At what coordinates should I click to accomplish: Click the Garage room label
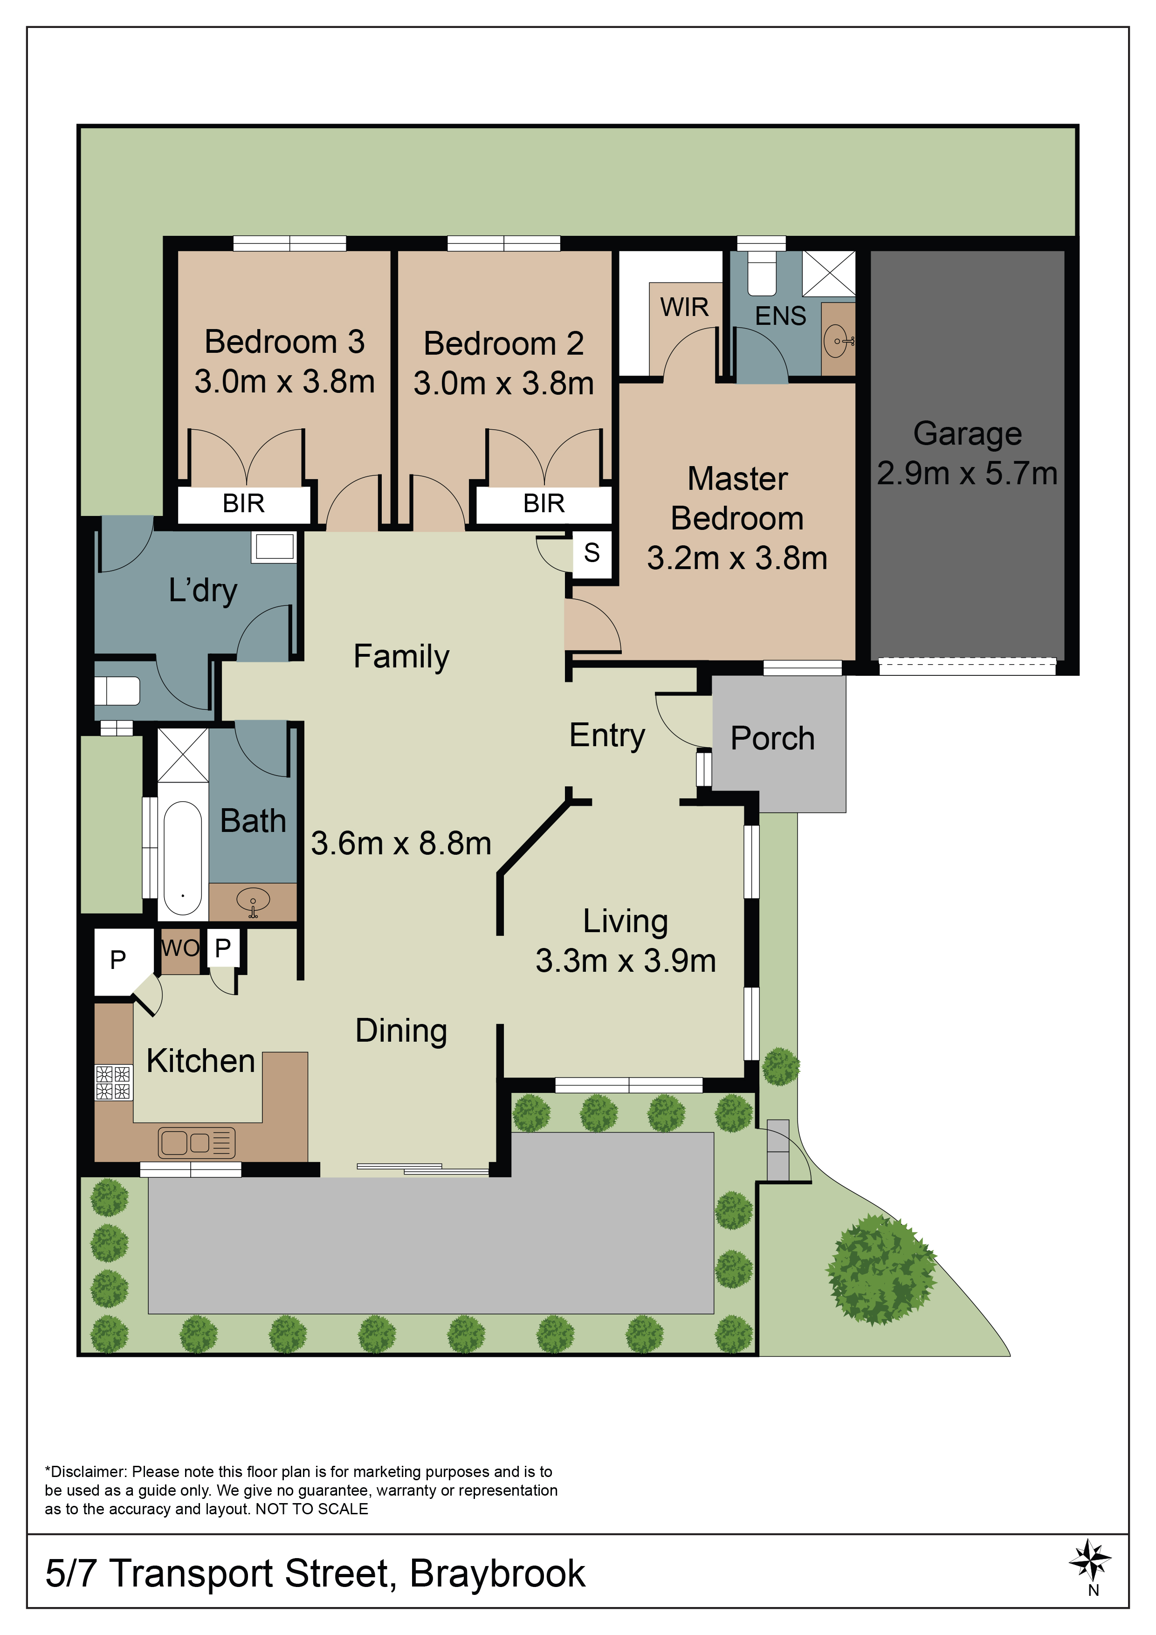(x=967, y=433)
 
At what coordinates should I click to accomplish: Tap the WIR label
(x=684, y=307)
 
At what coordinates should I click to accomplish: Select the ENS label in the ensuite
(x=781, y=316)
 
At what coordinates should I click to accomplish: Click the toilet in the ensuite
(x=761, y=273)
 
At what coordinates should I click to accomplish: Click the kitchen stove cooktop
(x=114, y=1082)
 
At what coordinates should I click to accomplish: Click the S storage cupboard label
(x=592, y=553)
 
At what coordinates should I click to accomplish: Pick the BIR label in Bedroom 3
(x=244, y=503)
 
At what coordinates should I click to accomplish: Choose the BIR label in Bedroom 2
(x=544, y=503)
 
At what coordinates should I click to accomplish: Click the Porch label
(x=773, y=738)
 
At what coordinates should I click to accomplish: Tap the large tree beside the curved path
(x=881, y=1270)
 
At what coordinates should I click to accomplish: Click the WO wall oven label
(x=180, y=948)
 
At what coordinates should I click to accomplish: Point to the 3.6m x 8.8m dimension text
(x=401, y=843)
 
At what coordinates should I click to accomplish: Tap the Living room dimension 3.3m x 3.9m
(x=626, y=961)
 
